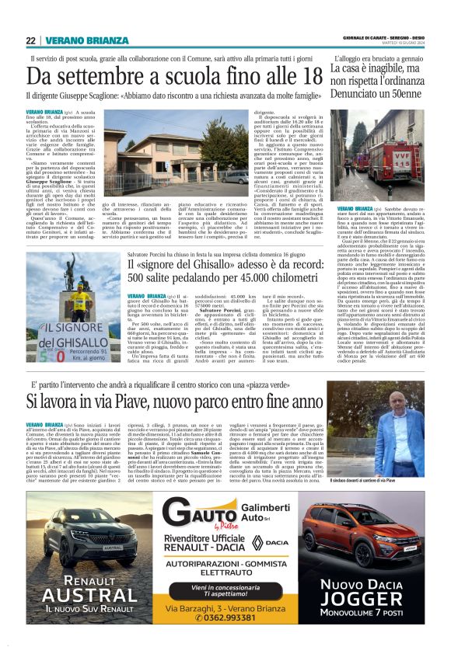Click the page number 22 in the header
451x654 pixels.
coord(30,40)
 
